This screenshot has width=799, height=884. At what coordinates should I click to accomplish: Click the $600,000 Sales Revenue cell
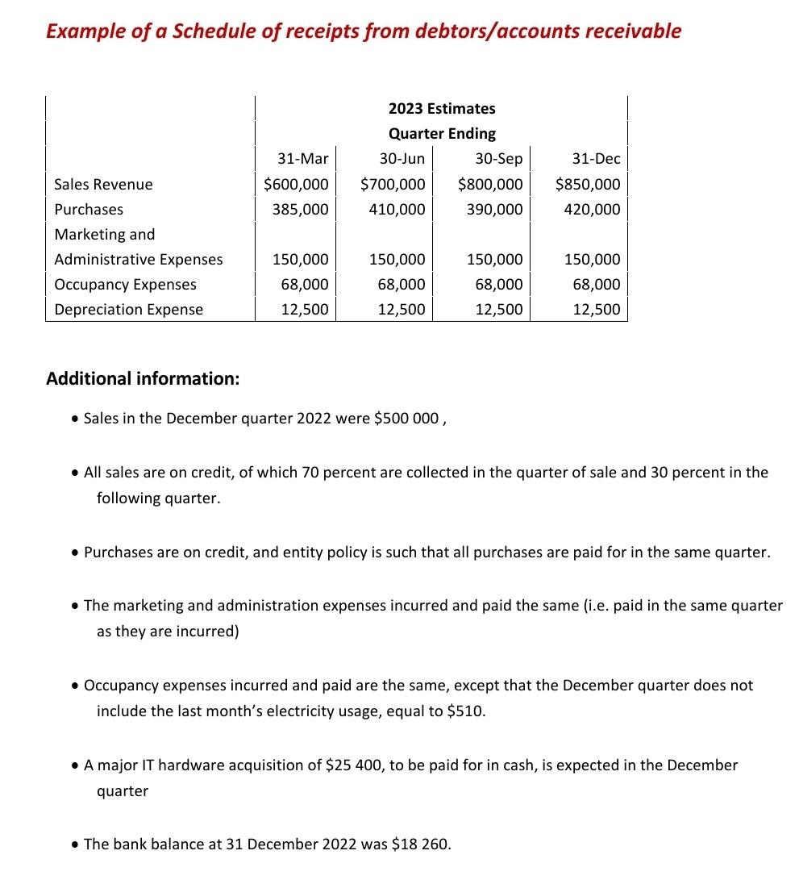pos(296,184)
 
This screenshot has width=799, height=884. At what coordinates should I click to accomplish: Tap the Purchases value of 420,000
pos(596,210)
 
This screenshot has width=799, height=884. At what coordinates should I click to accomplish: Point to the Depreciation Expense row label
pos(128,310)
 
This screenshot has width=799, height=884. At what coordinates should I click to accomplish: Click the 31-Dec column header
pos(596,159)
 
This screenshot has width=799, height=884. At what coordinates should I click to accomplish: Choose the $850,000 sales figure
pos(588,184)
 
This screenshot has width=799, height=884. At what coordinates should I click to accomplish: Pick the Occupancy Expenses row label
pos(125,285)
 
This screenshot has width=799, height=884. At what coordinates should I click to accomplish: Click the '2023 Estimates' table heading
pos(442,109)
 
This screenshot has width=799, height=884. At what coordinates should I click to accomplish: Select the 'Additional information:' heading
pos(143,378)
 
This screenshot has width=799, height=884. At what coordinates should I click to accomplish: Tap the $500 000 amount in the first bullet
pos(407,419)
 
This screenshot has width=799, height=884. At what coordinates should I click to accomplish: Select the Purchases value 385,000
pos(300,210)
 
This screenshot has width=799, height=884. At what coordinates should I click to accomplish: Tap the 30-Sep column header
pos(498,159)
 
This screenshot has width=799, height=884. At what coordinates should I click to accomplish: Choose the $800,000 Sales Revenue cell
pos(490,184)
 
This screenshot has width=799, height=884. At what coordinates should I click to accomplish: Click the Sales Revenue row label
pos(103,185)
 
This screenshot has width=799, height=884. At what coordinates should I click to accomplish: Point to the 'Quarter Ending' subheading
pos(442,134)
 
